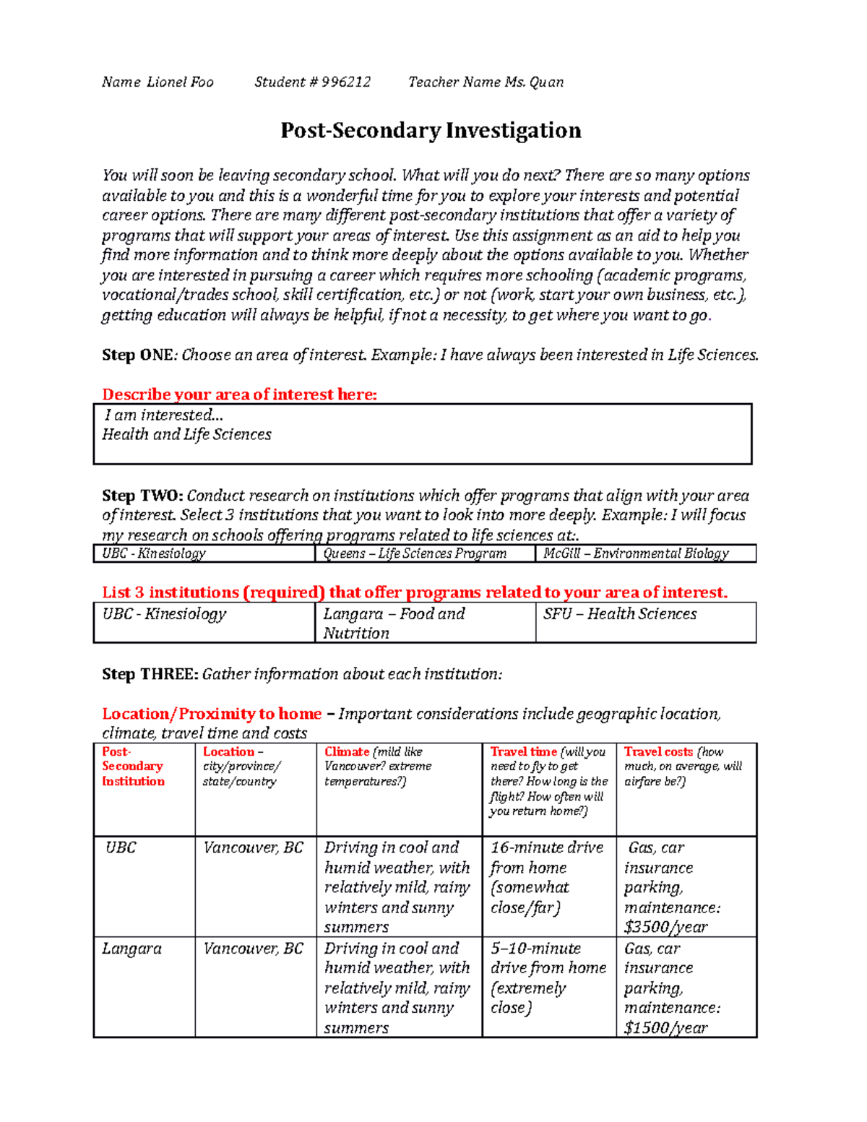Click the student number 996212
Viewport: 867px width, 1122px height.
pos(346,82)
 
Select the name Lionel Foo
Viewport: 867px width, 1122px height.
pos(180,82)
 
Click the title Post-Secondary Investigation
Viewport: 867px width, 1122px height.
pos(431,131)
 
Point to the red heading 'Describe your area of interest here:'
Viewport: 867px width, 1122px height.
pos(239,394)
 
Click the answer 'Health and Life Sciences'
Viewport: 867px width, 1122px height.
pos(186,434)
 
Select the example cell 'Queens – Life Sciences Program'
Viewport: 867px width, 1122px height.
pos(415,553)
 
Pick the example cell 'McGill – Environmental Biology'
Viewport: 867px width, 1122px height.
pos(636,553)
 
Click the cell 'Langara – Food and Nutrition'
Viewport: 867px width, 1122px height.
pos(394,623)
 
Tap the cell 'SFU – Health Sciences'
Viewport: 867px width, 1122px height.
pos(620,614)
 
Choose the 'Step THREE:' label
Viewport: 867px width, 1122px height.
pos(150,674)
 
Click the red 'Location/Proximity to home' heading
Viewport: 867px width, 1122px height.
pos(212,714)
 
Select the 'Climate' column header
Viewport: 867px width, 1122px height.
pos(347,752)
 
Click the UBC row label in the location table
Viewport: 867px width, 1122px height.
pos(121,847)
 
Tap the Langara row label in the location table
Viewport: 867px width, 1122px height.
pos(131,949)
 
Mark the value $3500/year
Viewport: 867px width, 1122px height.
pos(665,927)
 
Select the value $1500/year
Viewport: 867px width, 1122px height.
pos(665,1027)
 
